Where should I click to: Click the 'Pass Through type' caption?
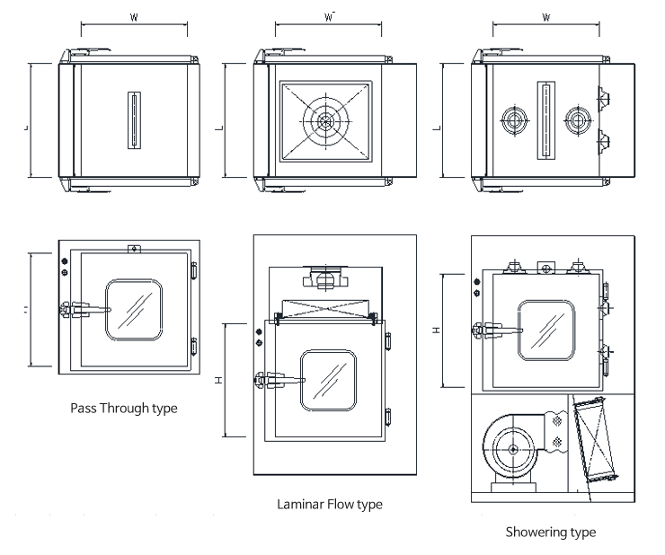pos(124,408)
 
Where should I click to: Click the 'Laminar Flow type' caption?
pos(329,504)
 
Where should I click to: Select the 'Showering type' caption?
pos(550,532)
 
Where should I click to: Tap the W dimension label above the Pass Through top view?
pos(134,17)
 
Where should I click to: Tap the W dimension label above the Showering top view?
pos(545,17)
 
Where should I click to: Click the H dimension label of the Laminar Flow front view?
pos(219,380)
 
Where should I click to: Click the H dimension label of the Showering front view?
pos(436,330)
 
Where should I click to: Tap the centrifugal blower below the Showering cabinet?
pos(510,448)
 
